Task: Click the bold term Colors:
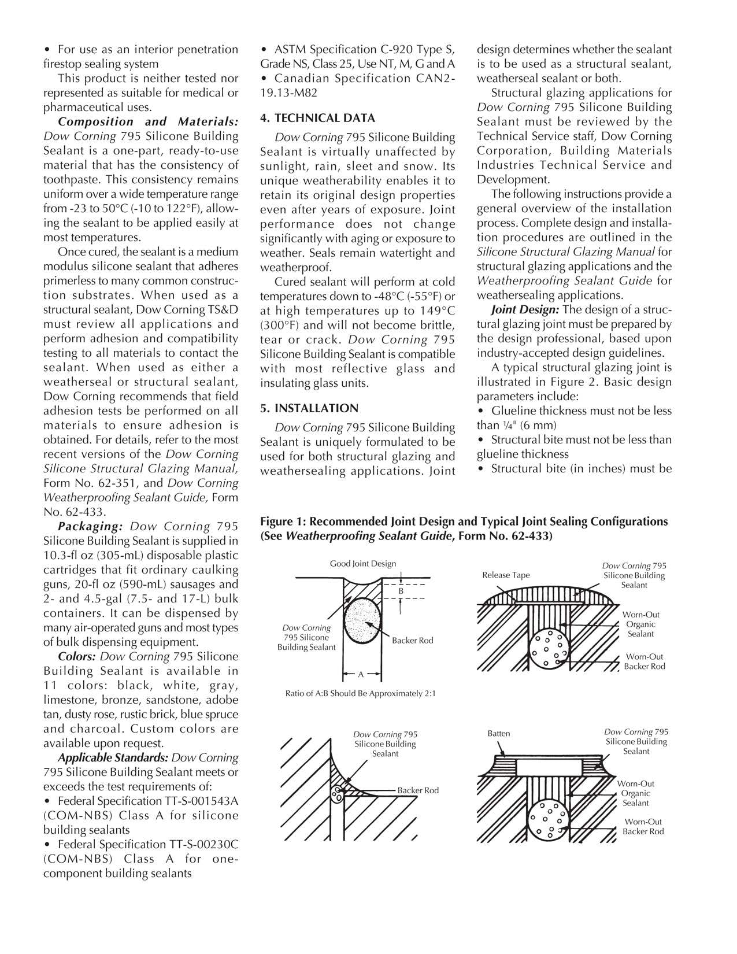pyautogui.click(x=77, y=657)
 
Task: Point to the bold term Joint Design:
pyautogui.click(x=525, y=310)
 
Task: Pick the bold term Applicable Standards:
pyautogui.click(x=113, y=758)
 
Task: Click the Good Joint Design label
pyautogui.click(x=363, y=564)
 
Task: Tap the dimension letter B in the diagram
pyautogui.click(x=401, y=591)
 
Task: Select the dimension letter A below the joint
pyautogui.click(x=361, y=674)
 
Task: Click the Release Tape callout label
pyautogui.click(x=506, y=575)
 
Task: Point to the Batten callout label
pyautogui.click(x=499, y=734)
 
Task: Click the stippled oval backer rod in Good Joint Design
pyautogui.click(x=362, y=623)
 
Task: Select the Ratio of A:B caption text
pyautogui.click(x=361, y=693)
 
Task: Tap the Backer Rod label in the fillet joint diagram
pyautogui.click(x=418, y=790)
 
